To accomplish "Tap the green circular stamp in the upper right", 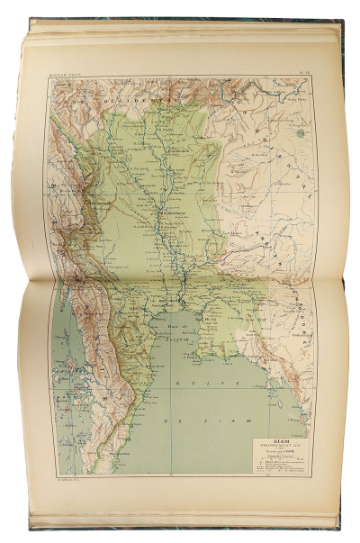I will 298,132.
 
